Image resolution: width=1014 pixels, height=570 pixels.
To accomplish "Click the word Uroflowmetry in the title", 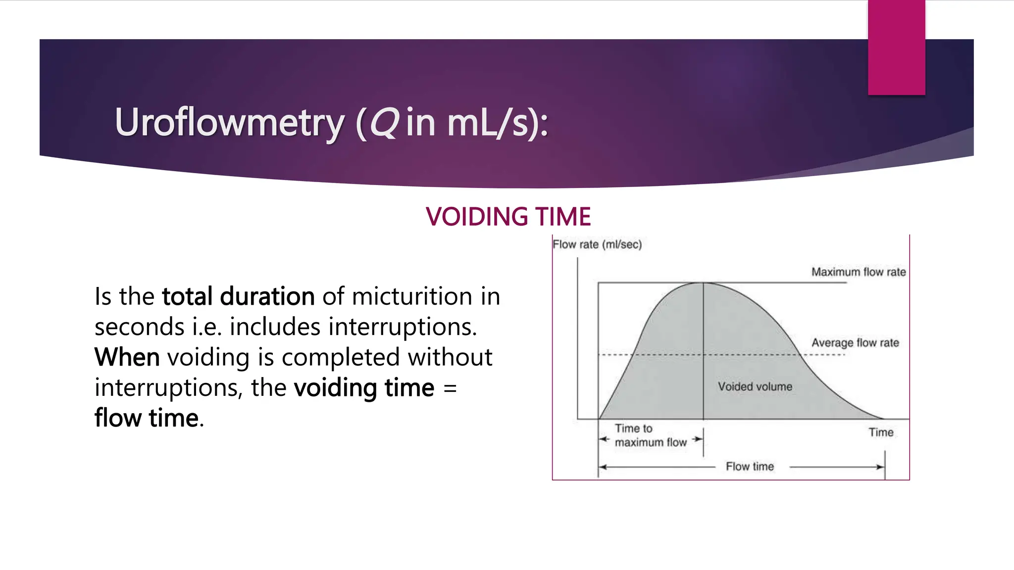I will point(229,122).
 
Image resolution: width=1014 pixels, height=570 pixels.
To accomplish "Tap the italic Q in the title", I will point(384,122).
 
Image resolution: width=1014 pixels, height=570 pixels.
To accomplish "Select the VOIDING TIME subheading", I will point(508,217).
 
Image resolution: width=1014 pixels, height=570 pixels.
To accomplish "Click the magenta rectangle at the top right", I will point(896,47).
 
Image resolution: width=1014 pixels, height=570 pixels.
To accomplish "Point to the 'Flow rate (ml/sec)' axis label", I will point(597,244).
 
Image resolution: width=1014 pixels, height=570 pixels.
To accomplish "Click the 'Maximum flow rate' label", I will point(858,272).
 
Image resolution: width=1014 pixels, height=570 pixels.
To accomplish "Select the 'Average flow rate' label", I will point(855,343).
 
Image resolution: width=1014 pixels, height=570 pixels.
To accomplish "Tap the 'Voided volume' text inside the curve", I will point(755,387).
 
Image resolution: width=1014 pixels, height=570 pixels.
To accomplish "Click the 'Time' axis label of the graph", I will point(881,432).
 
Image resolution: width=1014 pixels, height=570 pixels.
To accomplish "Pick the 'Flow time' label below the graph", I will point(750,467).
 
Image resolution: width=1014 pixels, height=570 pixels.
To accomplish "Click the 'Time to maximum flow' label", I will point(650,435).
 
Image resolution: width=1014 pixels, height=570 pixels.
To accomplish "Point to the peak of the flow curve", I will point(703,283).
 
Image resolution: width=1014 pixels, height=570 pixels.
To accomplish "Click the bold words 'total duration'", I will point(238,296).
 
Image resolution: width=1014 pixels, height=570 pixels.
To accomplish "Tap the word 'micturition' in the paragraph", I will point(412,296).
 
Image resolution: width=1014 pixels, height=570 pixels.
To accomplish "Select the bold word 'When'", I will point(127,357).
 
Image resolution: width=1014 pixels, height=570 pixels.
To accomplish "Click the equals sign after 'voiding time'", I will point(450,388).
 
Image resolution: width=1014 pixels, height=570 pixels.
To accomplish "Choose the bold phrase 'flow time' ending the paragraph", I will point(147,418).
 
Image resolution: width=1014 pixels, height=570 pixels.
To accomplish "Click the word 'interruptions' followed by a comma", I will point(168,388).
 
